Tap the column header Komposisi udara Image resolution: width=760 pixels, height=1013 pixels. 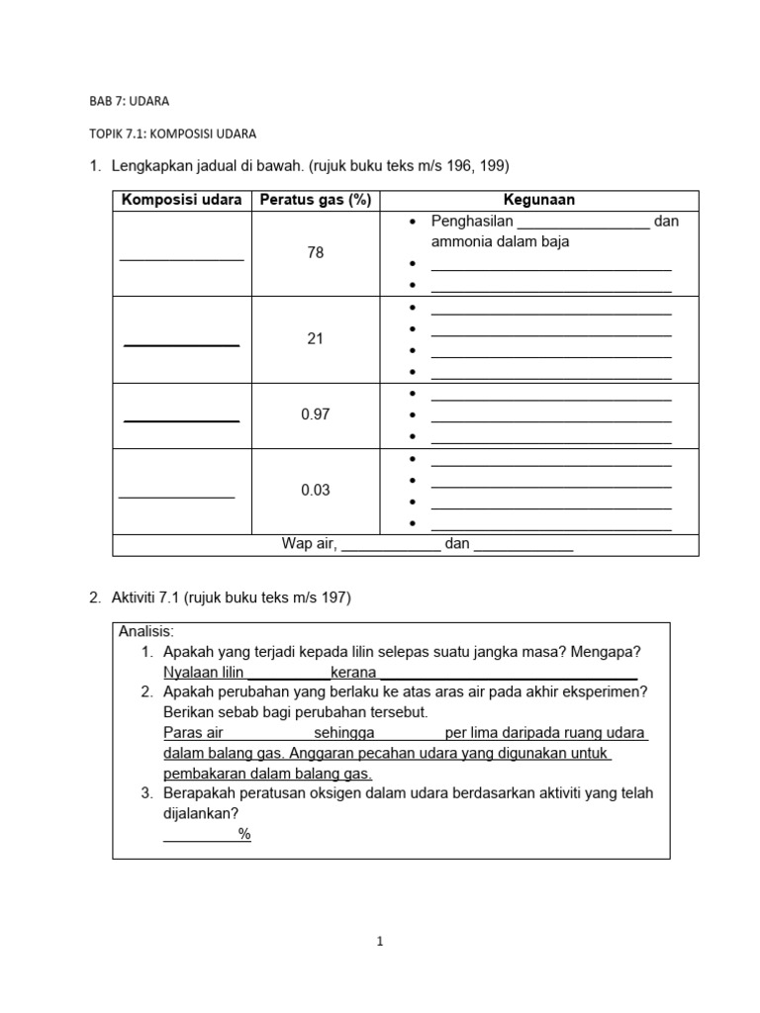tap(182, 200)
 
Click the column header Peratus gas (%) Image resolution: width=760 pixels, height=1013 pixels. tap(316, 200)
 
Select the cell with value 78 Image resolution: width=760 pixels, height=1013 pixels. tap(316, 253)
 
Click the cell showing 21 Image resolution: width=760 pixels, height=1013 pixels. tap(316, 339)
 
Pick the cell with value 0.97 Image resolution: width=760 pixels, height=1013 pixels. tap(316, 415)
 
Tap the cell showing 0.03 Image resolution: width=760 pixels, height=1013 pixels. tap(316, 491)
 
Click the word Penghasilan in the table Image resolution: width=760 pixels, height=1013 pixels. tap(472, 222)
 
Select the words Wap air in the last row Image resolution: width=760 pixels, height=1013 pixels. tap(310, 544)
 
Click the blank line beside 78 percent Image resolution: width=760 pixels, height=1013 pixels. tap(182, 258)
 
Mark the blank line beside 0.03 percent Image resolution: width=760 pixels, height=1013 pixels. tap(177, 496)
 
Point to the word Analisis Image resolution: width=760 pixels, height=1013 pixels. tap(146, 631)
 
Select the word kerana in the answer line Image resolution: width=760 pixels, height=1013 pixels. tap(353, 673)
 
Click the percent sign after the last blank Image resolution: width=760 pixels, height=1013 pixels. tap(244, 834)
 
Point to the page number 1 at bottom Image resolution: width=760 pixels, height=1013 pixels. tap(381, 943)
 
